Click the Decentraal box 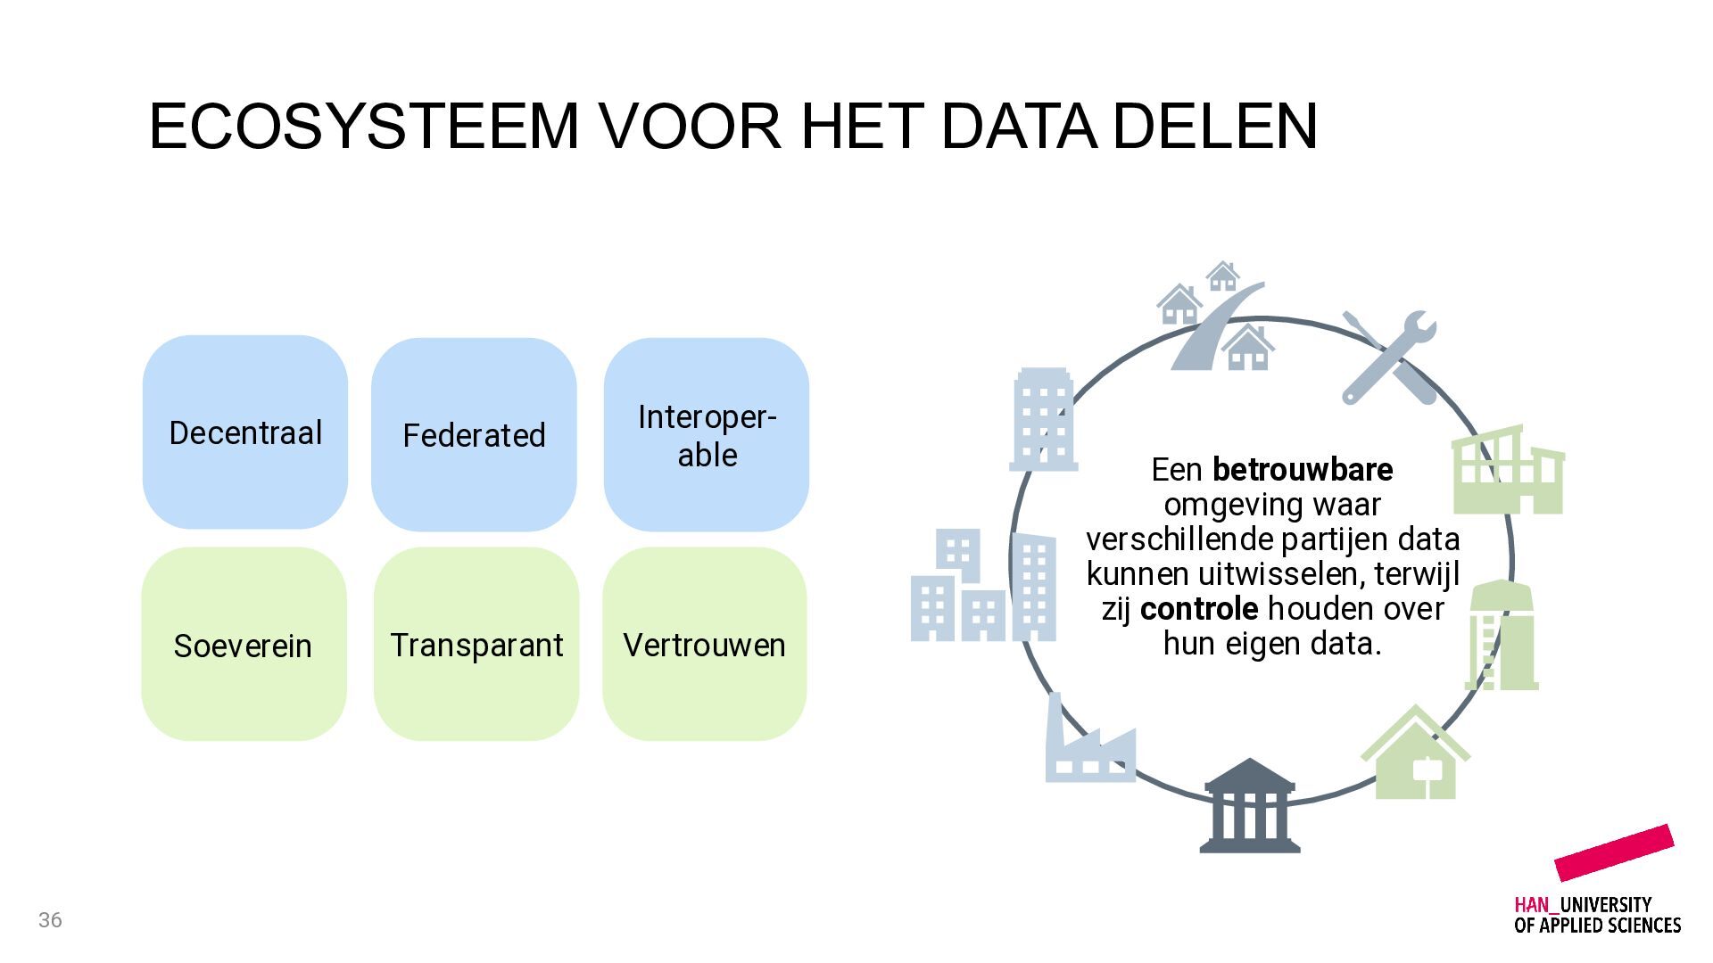(x=245, y=432)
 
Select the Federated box (x=474, y=434)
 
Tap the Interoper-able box (x=707, y=434)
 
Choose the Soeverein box (x=244, y=644)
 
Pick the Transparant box (x=476, y=644)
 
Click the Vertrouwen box (x=705, y=644)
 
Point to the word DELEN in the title (x=1215, y=126)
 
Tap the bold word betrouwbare (x=1303, y=469)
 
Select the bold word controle (x=1199, y=608)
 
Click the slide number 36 (x=50, y=920)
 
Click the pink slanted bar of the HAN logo (x=1614, y=852)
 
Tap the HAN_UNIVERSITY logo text (x=1597, y=915)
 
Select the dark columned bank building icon (x=1249, y=806)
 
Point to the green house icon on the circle (x=1415, y=753)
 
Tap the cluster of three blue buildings (x=983, y=585)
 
